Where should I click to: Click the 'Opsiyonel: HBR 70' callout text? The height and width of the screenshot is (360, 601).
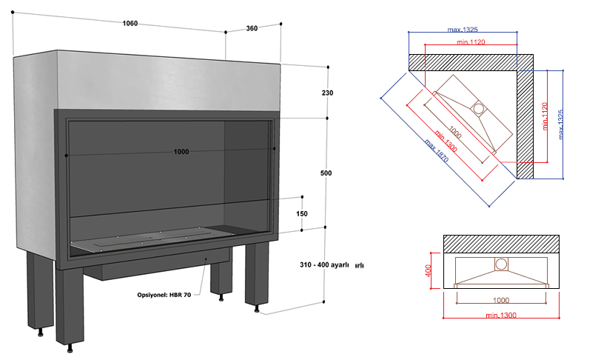click(x=164, y=295)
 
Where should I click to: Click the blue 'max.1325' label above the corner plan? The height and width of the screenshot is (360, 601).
click(x=463, y=30)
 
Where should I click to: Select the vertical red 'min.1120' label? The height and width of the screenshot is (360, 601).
click(x=545, y=117)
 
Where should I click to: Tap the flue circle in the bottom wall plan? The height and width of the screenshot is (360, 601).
click(x=501, y=264)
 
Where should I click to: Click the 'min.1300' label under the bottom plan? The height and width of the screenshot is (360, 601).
click(x=502, y=316)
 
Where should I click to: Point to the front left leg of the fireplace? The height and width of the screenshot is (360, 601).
click(x=41, y=293)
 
